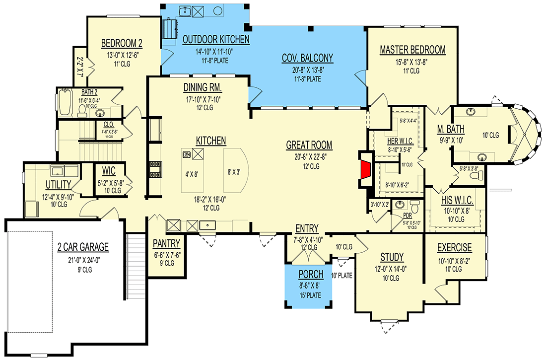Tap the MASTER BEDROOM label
coord(412,50)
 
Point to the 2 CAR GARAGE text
coord(83,247)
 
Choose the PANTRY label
coord(166,244)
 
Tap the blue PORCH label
coord(311,275)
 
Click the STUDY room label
coord(392,257)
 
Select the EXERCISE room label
coord(454,248)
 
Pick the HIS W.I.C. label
coord(457,201)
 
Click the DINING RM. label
coord(202,88)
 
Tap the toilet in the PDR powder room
coord(415,205)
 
